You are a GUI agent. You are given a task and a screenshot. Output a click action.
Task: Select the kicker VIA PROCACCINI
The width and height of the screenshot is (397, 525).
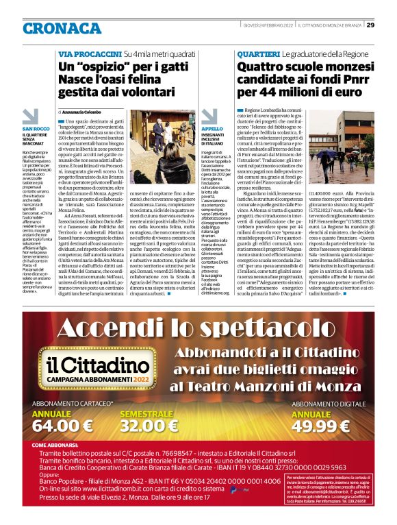(x=89, y=53)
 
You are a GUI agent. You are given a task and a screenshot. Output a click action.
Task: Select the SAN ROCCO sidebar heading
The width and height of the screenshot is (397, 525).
(x=36, y=128)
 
